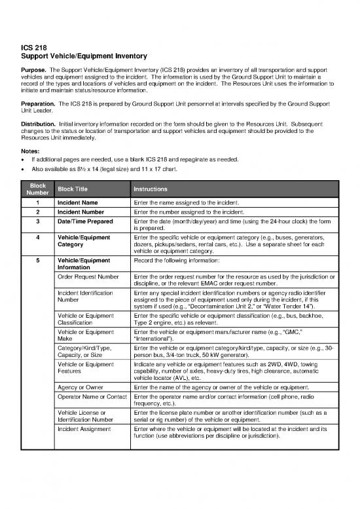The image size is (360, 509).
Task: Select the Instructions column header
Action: [x=151, y=188]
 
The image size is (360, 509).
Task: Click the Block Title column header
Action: [x=75, y=188]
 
